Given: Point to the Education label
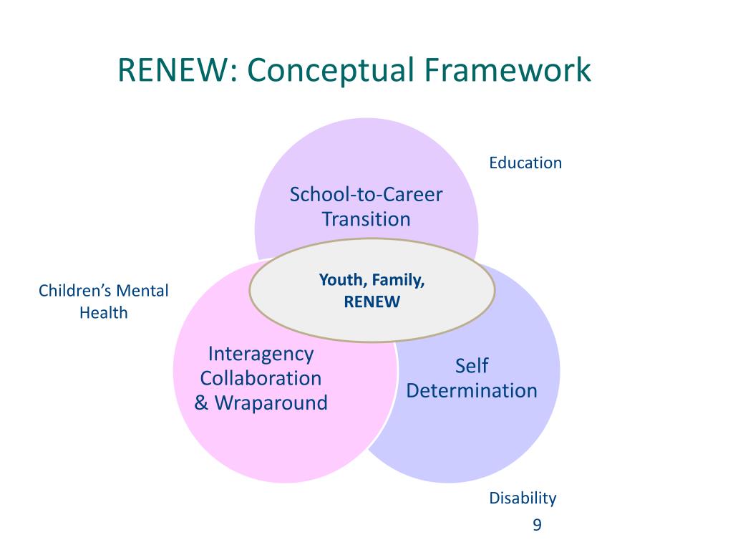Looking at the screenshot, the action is point(525,163).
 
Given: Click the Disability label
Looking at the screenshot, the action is point(523,498).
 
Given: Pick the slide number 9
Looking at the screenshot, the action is point(537,526).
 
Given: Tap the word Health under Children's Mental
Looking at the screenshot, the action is point(104,312).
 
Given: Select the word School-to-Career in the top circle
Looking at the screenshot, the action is point(366,194).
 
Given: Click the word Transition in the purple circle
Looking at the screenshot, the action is point(366,218).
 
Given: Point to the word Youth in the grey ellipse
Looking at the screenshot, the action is point(341,280).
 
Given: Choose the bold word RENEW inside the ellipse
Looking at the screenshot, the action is point(372,301).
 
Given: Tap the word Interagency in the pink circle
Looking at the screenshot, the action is point(261,354).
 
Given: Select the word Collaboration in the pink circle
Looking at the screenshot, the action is point(261,378).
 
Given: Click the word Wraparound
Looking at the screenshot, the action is point(271,402).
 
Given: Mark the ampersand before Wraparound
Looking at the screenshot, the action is point(201,402).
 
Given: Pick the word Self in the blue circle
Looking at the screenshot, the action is point(472,366).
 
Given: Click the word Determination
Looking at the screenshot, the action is point(472,390).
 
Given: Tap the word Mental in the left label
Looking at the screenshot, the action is point(142,291).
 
